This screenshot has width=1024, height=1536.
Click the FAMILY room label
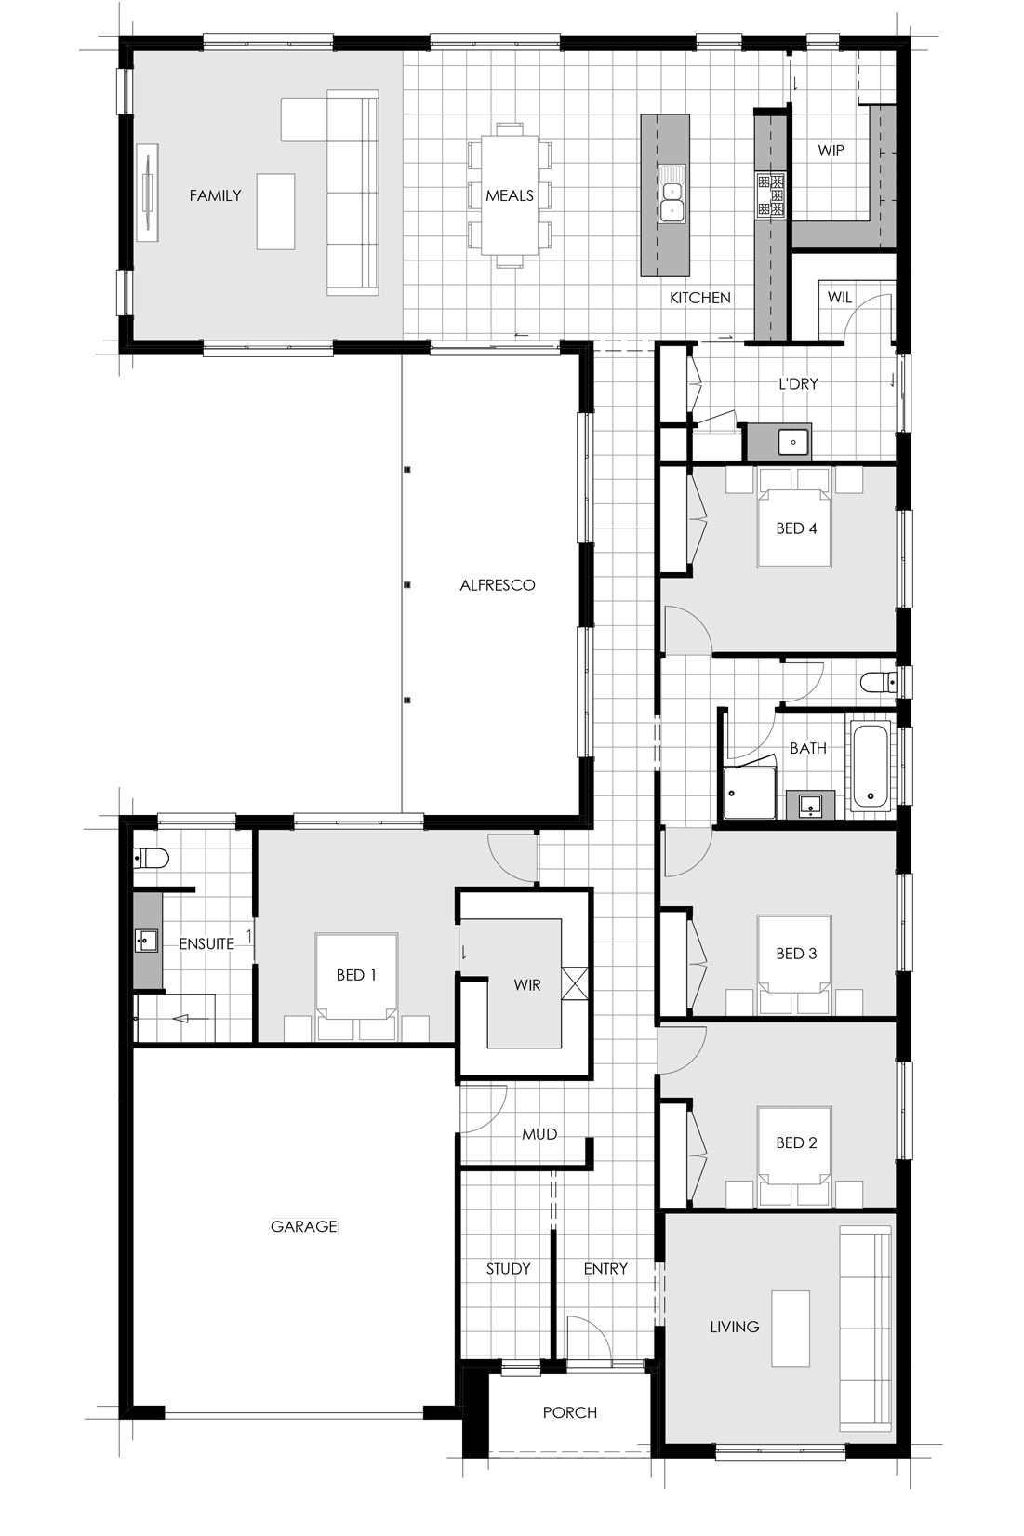click(x=215, y=195)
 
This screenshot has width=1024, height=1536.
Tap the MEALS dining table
click(x=510, y=194)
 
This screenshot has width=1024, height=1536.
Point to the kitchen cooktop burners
click(x=770, y=195)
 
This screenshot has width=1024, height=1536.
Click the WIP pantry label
click(x=831, y=150)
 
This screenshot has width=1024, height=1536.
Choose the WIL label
click(x=840, y=297)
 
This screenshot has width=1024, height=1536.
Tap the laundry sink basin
click(x=793, y=442)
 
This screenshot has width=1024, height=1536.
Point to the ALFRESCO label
click(x=497, y=585)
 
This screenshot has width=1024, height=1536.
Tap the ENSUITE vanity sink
click(x=146, y=940)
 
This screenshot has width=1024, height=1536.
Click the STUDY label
click(x=509, y=1269)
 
